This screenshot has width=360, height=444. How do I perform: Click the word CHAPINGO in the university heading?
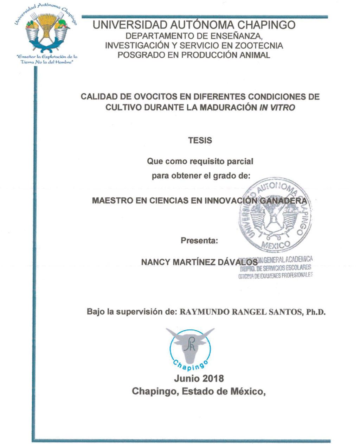pos(266,25)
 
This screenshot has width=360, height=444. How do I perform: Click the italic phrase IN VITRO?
pos(277,108)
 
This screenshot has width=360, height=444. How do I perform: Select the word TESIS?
pos(200,140)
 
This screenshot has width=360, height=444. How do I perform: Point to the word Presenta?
pos(199,241)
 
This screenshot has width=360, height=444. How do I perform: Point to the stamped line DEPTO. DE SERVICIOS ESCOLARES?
pos(276,268)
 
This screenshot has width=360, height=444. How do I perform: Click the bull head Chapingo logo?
pos(191,348)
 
